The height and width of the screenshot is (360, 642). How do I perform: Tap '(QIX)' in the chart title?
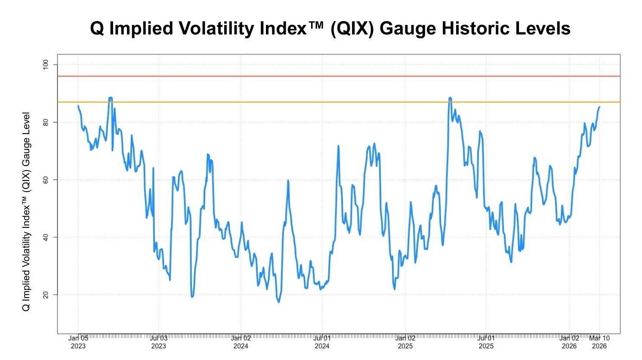[x=352, y=28]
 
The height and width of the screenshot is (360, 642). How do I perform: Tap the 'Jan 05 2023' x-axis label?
[x=78, y=342]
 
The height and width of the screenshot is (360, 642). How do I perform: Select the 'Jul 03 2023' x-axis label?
[x=158, y=342]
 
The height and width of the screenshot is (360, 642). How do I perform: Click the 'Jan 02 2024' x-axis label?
[x=241, y=342]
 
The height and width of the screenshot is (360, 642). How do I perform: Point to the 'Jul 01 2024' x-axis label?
[x=322, y=342]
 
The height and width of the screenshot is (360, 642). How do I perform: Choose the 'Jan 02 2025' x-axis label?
[x=405, y=342]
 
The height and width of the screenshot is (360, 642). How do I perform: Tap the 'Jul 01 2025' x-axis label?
[x=486, y=342]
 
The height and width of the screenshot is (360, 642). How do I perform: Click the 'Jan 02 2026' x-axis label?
[x=569, y=342]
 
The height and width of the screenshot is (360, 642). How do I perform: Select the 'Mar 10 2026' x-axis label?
[x=599, y=342]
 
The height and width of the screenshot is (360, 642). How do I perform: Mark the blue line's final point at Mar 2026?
[x=599, y=107]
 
